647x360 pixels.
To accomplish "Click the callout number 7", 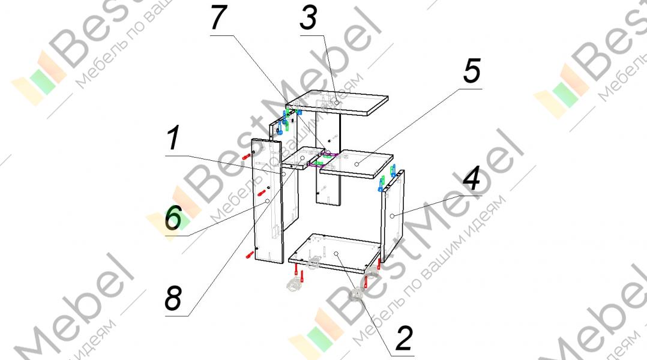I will click(x=220, y=19).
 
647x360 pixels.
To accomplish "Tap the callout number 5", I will click(x=472, y=72).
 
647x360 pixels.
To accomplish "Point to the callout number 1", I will click(x=173, y=140).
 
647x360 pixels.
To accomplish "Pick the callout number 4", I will click(x=472, y=179).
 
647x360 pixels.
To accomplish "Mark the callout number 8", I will click(x=173, y=298).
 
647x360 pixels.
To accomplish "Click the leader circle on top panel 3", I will click(x=337, y=103).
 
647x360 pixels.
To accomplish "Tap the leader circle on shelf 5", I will click(x=357, y=163).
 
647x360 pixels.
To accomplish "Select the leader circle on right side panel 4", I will click(x=392, y=215).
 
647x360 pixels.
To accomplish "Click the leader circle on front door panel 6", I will click(x=267, y=202).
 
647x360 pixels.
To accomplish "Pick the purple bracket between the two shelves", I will click(x=323, y=160).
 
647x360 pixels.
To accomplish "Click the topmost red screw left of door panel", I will click(x=246, y=155).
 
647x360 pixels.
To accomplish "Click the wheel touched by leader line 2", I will click(x=357, y=294).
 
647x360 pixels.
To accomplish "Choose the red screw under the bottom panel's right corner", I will click(x=378, y=265).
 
